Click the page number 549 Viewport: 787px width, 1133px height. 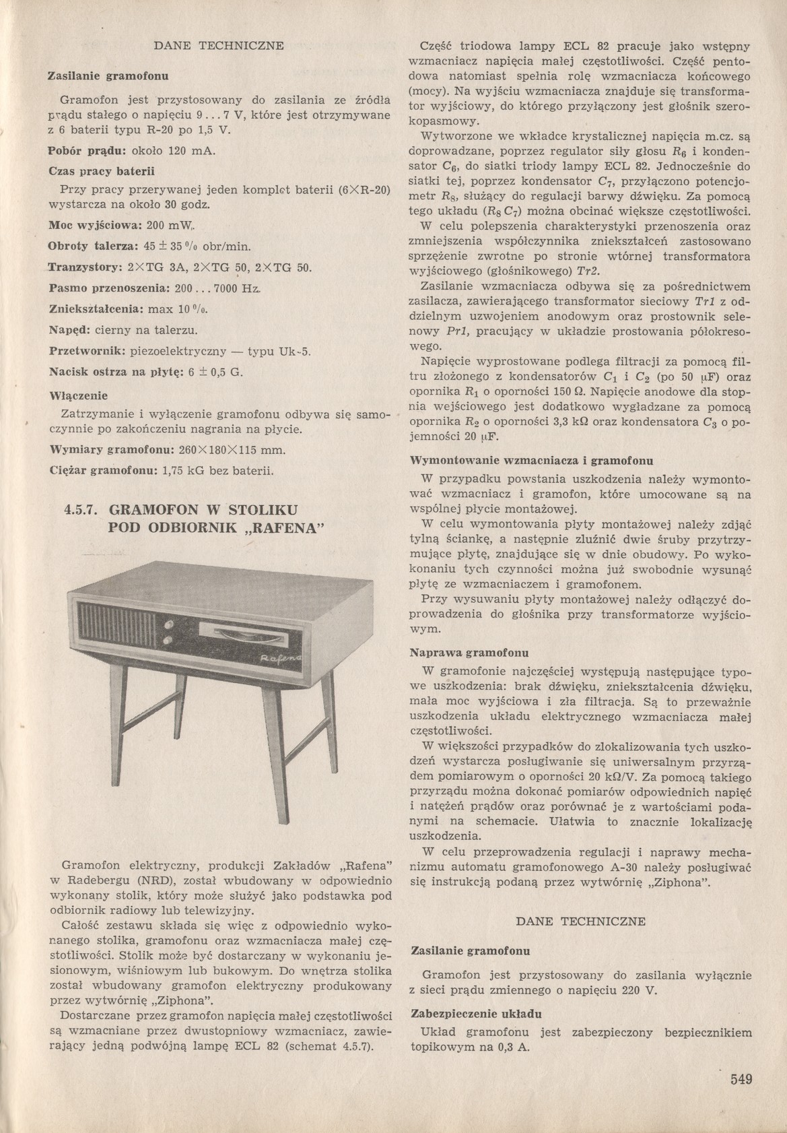tap(740, 1079)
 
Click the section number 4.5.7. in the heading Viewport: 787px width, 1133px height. tap(82, 508)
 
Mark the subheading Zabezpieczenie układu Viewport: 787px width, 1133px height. tap(477, 1013)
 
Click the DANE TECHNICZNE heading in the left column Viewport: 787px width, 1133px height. tap(219, 46)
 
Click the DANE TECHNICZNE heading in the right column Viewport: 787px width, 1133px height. tap(580, 921)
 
